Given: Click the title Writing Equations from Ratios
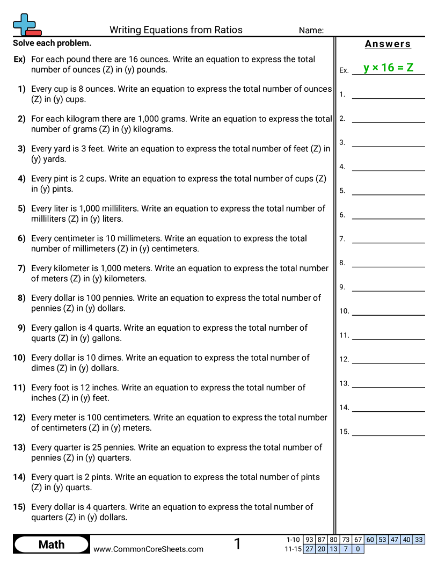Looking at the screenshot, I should (x=176, y=30).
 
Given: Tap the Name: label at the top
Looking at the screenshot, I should (x=311, y=31).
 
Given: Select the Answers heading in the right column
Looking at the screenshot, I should (x=388, y=44).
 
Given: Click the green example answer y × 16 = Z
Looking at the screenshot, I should (x=388, y=68).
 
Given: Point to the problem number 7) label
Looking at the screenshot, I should (x=21, y=268).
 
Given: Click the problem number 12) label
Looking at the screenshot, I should (x=19, y=417).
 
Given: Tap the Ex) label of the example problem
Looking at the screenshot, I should (x=19, y=59).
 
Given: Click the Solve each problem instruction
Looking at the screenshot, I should (x=52, y=43).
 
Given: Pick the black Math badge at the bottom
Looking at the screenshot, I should (x=52, y=544).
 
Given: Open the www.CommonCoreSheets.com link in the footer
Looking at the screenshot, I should (x=148, y=549).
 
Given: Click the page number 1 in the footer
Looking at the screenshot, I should (x=237, y=544).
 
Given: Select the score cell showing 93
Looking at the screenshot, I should (x=309, y=540).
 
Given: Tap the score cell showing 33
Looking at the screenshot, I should (x=419, y=540).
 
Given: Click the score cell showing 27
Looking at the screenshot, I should (x=309, y=549).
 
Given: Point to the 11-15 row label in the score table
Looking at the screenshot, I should (x=293, y=549).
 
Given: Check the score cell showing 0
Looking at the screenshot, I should (x=358, y=549).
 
